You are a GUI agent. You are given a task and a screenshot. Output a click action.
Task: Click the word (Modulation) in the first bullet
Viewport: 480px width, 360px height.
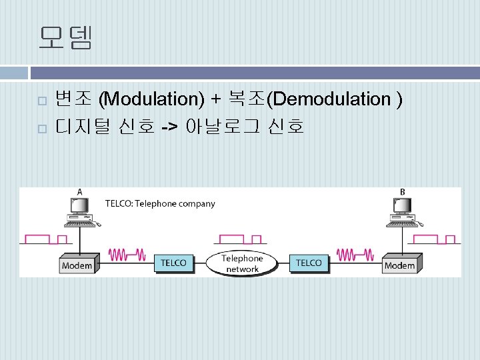[151, 99]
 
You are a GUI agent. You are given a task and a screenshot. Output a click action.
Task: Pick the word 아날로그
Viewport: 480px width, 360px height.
[224, 125]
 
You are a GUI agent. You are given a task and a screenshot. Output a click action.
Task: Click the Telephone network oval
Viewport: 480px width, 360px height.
[242, 263]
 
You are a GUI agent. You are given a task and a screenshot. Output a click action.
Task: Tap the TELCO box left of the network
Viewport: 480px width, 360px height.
[173, 262]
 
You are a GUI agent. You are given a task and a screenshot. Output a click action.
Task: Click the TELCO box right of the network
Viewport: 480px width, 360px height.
[309, 262]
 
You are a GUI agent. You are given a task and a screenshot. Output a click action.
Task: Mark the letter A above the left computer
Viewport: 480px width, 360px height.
[80, 191]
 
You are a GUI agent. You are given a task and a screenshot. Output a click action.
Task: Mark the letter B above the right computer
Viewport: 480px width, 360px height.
[402, 191]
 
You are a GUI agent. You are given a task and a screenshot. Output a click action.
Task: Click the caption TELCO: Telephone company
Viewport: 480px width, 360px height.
[160, 203]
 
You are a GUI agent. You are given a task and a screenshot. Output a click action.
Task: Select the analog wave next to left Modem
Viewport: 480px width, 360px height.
[127, 254]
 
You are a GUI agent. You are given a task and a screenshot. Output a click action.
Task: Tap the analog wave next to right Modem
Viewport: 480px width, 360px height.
[355, 254]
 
